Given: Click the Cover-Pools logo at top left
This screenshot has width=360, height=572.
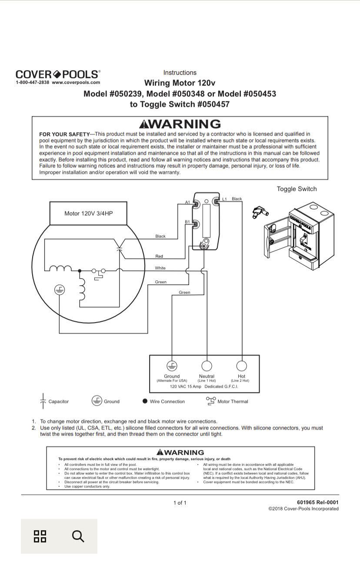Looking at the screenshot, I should pos(58,74).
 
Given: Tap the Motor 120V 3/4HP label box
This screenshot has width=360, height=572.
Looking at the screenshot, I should pos(88,213).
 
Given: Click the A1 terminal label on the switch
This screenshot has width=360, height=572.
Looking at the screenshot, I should pos(187,203).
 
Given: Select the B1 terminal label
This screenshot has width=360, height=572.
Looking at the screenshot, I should pos(187,222).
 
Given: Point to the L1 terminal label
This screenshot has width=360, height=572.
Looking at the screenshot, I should pos(225,199).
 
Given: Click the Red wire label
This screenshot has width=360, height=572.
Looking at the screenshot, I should pos(159,256).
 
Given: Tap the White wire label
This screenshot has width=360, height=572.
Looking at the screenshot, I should pos(160,268).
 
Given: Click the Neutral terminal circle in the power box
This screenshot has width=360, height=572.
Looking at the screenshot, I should pos(207,366).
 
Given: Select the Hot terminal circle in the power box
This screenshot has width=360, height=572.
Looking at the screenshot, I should pos(241,366).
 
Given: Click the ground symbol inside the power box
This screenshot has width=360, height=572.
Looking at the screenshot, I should pos(172,366).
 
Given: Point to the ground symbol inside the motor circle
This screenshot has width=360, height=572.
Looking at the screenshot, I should pos(60,290).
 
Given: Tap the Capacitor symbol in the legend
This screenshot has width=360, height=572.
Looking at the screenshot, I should pos(43,401).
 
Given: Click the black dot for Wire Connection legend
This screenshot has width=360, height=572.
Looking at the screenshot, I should pos(145,401).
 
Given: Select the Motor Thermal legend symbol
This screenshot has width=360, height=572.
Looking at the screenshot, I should pos(211,401).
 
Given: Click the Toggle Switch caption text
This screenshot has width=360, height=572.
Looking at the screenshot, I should pos(297,189).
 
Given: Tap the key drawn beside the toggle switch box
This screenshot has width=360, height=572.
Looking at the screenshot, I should pos(260,213).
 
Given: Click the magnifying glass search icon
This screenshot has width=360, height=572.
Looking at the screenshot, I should pos(78,536).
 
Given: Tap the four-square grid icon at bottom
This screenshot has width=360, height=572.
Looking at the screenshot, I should pos(40,536).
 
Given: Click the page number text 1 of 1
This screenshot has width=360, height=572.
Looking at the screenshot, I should pos(180,503).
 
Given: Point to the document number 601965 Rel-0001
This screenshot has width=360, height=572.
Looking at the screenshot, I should pos(317,502).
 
